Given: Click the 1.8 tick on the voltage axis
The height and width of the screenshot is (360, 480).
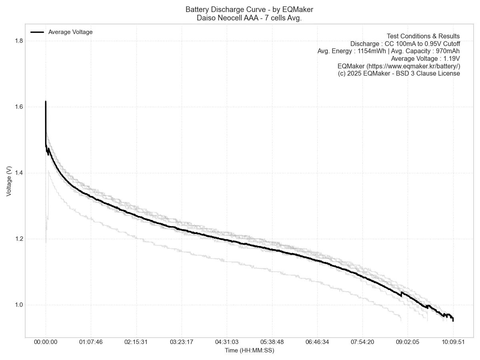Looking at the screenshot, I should [19, 41].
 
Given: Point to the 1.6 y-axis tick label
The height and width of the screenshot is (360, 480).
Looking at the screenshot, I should [19, 107].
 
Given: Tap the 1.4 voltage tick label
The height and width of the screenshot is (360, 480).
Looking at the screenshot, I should [19, 173].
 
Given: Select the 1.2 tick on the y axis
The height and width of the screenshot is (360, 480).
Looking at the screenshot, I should [19, 239].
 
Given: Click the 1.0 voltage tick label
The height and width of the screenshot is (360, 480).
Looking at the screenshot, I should [19, 305].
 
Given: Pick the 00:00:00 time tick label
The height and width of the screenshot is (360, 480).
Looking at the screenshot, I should [46, 342].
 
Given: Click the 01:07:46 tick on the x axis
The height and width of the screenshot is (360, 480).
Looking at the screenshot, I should [91, 342].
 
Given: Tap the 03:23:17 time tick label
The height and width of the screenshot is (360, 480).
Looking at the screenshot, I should [181, 342].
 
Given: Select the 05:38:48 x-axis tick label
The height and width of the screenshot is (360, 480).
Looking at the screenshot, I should [272, 342].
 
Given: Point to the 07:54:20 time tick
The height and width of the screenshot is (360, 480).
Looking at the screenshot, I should [362, 342].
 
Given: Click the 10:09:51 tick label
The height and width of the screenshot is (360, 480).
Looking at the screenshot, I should [453, 342].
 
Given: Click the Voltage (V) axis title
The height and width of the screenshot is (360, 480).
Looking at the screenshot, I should [9, 181].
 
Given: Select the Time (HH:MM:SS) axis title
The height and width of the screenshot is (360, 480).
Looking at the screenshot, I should [249, 350].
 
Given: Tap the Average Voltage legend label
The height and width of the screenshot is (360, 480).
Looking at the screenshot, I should [70, 32].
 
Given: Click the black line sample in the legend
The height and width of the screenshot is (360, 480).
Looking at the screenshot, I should [37, 32].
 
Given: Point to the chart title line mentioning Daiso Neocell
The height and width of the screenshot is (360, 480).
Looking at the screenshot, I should [249, 18].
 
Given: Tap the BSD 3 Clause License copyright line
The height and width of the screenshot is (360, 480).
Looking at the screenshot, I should [399, 74].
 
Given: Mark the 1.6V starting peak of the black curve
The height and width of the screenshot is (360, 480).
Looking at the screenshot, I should [46, 102].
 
